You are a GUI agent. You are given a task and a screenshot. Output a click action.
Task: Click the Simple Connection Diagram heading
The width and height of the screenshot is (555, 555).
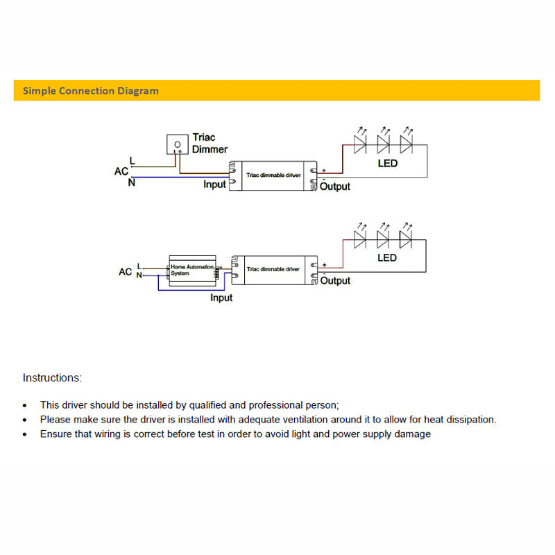pos(91,91)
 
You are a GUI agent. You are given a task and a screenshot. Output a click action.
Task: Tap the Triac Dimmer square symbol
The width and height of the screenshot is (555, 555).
pos(178,144)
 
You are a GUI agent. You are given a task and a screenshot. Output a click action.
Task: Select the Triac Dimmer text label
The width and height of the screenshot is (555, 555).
pos(210,144)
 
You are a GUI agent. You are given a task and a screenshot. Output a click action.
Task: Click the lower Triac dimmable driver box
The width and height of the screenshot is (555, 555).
pos(273,269)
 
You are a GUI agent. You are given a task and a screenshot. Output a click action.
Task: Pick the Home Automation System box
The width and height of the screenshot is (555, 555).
pos(191,270)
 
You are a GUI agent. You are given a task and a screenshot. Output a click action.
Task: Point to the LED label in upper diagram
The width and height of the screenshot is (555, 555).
pos(387,163)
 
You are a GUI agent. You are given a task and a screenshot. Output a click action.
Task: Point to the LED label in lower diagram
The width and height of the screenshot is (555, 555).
pos(387,258)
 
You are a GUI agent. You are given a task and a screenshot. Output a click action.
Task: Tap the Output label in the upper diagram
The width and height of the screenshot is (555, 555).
pos(336,187)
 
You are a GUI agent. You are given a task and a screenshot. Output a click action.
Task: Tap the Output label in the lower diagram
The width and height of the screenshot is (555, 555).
pos(336,281)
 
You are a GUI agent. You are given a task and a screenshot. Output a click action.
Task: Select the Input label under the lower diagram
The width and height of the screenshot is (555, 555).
pos(221,298)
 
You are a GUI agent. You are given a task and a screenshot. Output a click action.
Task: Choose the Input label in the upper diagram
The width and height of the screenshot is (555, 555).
pos(214,185)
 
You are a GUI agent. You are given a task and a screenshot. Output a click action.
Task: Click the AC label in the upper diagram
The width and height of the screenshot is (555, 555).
pos(121,171)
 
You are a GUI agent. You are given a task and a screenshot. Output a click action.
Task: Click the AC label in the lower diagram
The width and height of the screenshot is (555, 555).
pos(125,271)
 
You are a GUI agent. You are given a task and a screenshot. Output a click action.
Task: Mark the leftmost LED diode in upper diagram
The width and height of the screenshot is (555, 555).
pos(360,144)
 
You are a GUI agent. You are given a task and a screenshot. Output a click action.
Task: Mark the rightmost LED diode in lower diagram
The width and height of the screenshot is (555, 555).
pos(406,239)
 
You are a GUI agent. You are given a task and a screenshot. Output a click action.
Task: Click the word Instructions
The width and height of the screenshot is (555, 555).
pos(52,378)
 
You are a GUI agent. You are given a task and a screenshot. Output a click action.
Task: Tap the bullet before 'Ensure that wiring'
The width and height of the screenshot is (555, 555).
pos(26,434)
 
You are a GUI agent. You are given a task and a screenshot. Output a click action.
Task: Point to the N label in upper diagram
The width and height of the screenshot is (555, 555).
pos(132,182)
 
